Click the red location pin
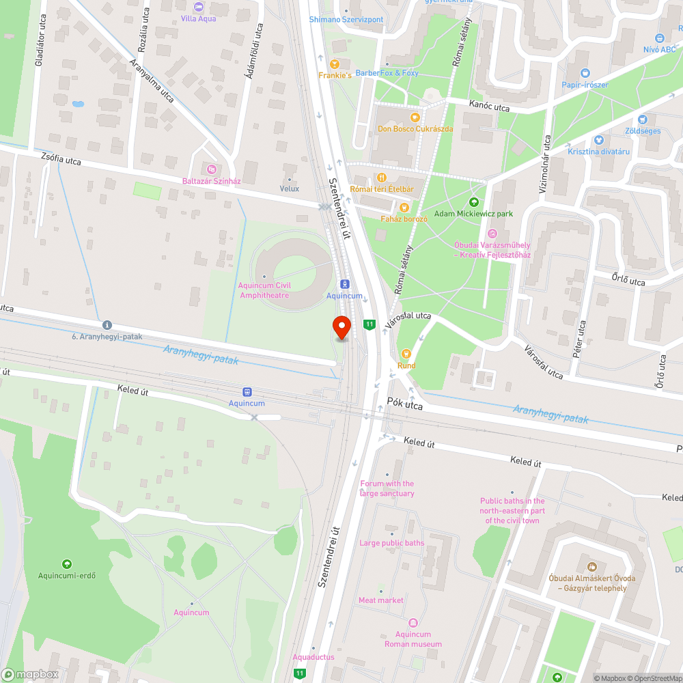click(x=341, y=327)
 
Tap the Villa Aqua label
click(x=199, y=18)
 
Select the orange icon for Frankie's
click(x=335, y=63)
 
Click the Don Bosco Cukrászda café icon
click(x=415, y=117)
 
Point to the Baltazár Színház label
click(x=211, y=180)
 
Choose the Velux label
click(x=290, y=188)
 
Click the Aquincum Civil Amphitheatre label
click(x=264, y=290)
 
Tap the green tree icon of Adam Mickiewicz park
click(x=474, y=201)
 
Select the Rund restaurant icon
click(x=406, y=353)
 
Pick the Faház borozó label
click(x=404, y=219)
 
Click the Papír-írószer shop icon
click(x=585, y=73)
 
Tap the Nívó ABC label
click(x=659, y=50)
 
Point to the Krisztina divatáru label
click(x=598, y=151)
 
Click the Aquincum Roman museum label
click(x=413, y=639)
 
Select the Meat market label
click(x=381, y=600)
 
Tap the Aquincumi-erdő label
click(x=67, y=575)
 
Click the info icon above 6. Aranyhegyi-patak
click(x=107, y=325)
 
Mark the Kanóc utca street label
click(x=489, y=107)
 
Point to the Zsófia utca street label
click(x=60, y=160)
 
